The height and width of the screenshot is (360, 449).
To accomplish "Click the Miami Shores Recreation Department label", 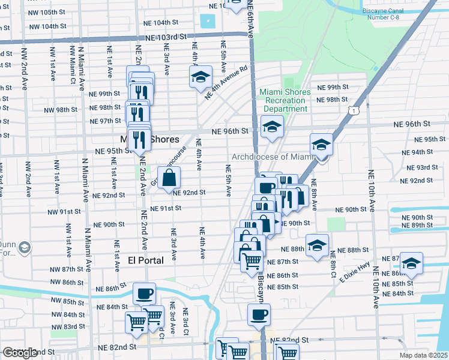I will (x=285, y=100).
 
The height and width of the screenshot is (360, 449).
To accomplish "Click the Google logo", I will (x=20, y=353).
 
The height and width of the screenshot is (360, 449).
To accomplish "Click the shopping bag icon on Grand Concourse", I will (x=170, y=178).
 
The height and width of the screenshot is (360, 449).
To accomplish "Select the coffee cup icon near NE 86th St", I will (x=144, y=293).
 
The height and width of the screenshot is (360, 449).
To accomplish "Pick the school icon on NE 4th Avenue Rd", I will (x=200, y=77).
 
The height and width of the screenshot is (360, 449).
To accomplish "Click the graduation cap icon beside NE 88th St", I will (x=317, y=245).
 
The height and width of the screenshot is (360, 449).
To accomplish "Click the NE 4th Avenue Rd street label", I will (x=226, y=82).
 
